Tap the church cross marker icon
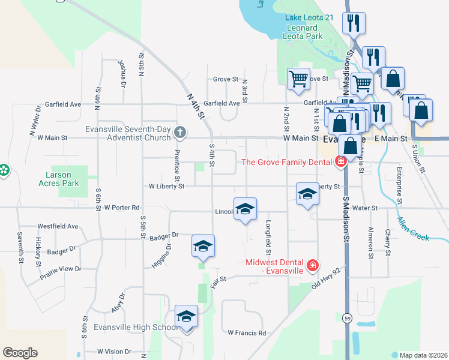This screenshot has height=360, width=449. pyautogui.click(x=179, y=131)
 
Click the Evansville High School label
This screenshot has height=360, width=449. pyautogui.click(x=136, y=328)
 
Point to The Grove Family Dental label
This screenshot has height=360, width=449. pyautogui.click(x=287, y=162)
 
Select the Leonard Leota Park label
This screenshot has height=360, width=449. pyautogui.click(x=305, y=32)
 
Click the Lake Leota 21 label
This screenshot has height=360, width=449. pyautogui.click(x=309, y=18)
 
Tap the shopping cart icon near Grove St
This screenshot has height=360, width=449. pyautogui.click(x=298, y=79)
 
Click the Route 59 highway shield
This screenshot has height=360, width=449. pyautogui.click(x=348, y=317)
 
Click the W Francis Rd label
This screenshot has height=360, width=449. pyautogui.click(x=246, y=332)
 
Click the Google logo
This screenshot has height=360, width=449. pyautogui.click(x=20, y=353)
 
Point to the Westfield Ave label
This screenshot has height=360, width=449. pyautogui.click(x=58, y=226)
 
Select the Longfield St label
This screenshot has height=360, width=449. pyautogui.click(x=268, y=235)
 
